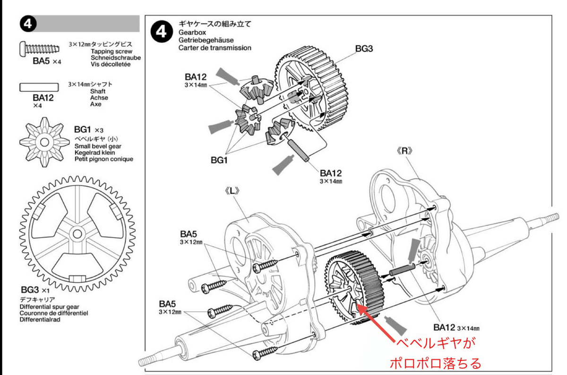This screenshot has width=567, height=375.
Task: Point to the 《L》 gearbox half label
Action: coord(235,192)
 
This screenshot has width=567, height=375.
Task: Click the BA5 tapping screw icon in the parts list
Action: coord(40,48)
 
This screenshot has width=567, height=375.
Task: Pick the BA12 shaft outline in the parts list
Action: coord(39,87)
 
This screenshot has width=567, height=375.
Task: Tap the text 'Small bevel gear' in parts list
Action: coord(98,146)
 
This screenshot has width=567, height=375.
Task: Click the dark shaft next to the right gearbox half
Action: coord(402,271)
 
